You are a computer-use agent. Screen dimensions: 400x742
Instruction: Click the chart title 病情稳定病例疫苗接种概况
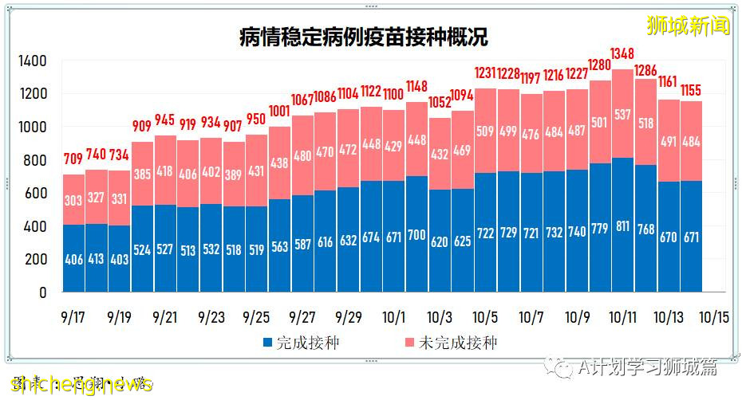(363, 37)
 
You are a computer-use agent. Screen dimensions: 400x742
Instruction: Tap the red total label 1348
(622, 53)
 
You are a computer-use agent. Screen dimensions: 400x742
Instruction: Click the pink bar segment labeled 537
(622, 113)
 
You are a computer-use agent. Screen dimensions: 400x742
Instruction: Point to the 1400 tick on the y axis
(33, 61)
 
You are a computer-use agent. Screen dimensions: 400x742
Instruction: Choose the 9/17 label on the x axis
(73, 316)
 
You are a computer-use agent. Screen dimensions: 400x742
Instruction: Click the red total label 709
(73, 157)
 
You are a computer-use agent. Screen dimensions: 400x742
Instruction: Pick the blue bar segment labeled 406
(73, 258)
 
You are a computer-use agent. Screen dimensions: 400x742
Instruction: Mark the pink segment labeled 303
(73, 199)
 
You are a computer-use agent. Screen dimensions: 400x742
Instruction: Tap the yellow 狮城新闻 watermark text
(688, 25)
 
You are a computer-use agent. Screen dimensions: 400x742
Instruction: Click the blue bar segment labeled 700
(416, 234)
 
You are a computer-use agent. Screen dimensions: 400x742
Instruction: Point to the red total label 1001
(279, 112)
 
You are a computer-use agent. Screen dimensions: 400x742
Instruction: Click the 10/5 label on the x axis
(485, 316)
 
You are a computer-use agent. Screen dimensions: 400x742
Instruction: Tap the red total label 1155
(691, 91)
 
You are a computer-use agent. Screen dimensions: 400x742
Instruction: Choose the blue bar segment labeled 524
(142, 248)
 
